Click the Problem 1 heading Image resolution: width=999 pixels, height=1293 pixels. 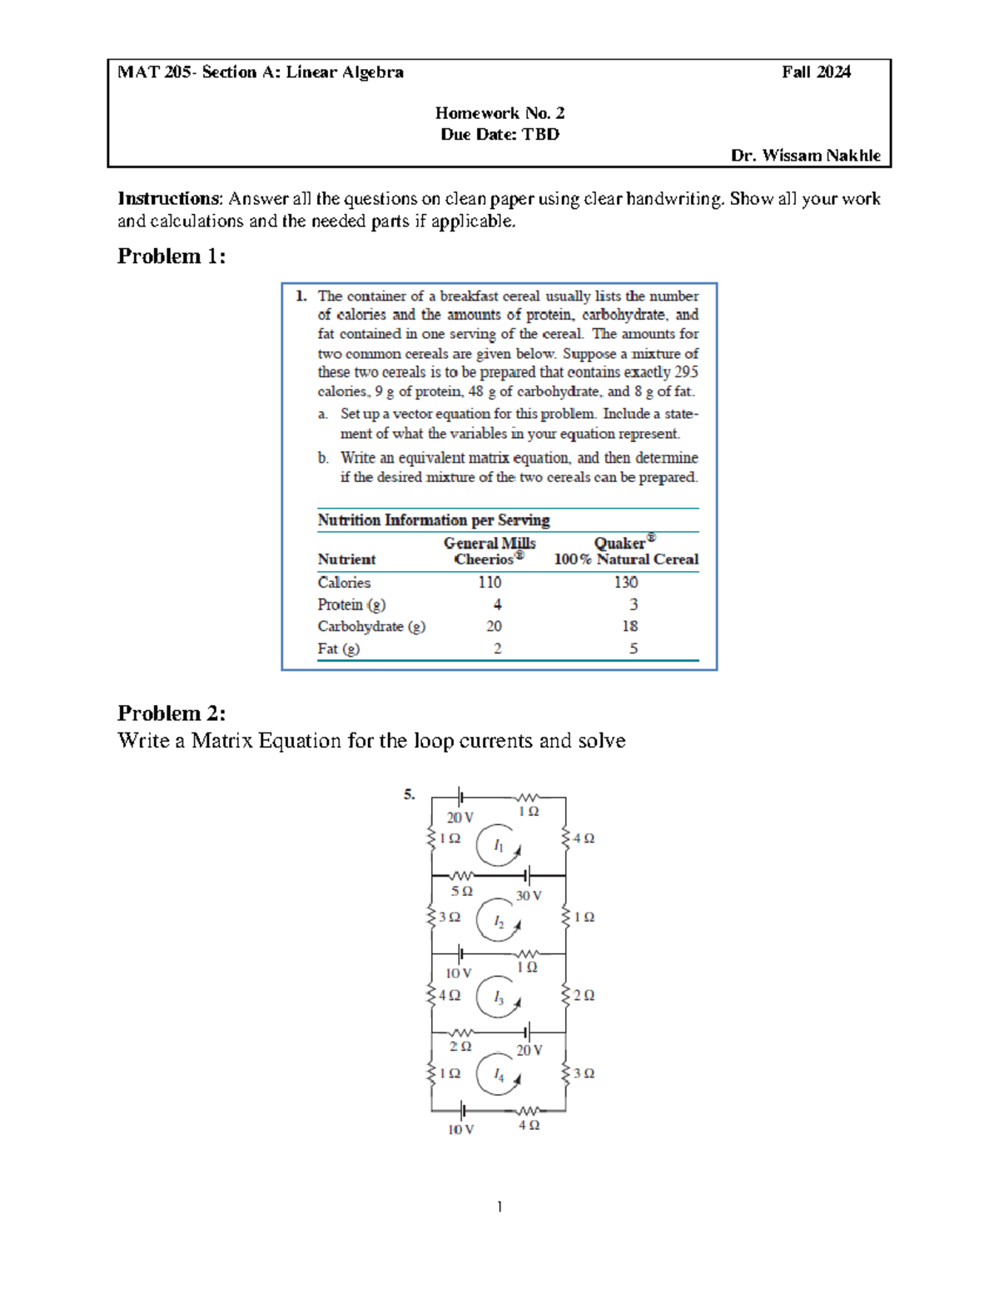click(x=171, y=256)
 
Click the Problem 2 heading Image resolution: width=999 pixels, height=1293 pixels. click(x=171, y=713)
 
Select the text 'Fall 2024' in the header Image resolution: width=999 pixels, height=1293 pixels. click(x=816, y=72)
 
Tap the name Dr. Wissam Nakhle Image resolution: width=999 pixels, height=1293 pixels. click(x=805, y=156)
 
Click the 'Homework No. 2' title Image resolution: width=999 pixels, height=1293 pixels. click(x=499, y=113)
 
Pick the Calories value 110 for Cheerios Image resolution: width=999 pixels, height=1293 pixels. click(x=490, y=583)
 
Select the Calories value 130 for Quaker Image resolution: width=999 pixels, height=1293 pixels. click(x=626, y=583)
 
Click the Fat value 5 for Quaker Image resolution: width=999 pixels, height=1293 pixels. click(x=634, y=649)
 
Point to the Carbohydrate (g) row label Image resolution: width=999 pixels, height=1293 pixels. click(x=371, y=627)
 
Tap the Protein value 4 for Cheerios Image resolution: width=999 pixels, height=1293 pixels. click(x=497, y=604)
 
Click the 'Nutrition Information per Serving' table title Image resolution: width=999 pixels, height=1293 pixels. click(x=434, y=520)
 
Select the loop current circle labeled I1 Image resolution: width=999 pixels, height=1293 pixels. click(x=498, y=846)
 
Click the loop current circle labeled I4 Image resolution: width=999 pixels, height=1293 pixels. click(x=498, y=1075)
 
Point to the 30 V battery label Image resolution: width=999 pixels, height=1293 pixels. click(x=529, y=896)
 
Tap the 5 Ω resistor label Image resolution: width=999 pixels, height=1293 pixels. click(x=462, y=892)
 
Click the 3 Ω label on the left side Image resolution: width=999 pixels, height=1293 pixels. click(x=450, y=918)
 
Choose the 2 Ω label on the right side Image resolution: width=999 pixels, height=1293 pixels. click(x=584, y=996)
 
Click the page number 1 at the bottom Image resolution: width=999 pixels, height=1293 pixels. click(x=499, y=1206)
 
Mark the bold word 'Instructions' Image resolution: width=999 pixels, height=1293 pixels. click(x=169, y=199)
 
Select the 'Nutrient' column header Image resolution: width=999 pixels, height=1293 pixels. click(x=346, y=559)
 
